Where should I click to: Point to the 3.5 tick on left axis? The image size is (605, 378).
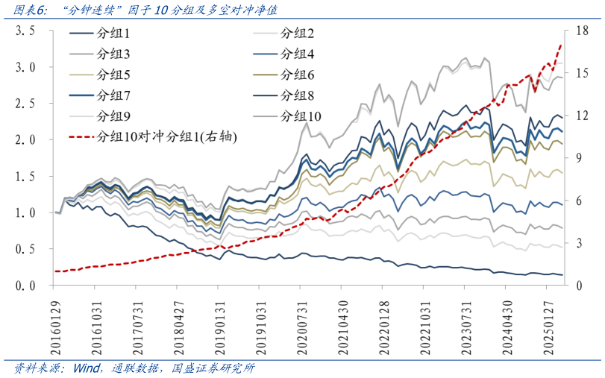click(26, 31)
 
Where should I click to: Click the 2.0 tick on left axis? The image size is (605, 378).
click(26, 140)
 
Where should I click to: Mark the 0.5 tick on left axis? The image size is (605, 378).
click(26, 249)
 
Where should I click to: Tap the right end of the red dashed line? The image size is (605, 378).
click(561, 44)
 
